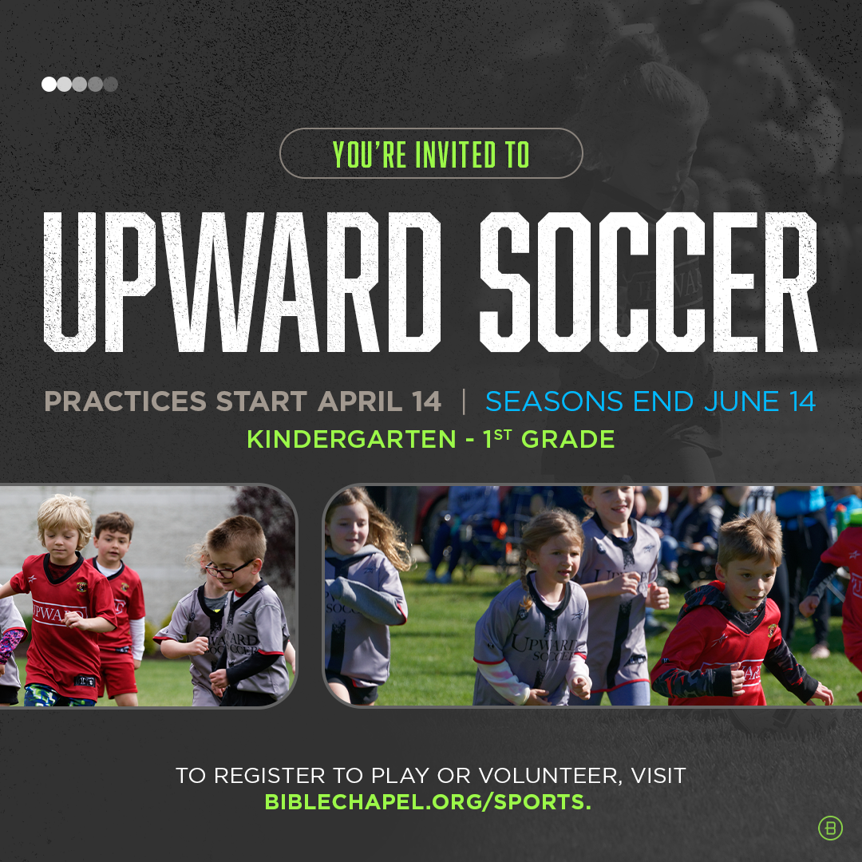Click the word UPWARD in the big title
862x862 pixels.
(x=242, y=282)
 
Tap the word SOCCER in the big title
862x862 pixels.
(x=649, y=282)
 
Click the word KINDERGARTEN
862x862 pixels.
(x=351, y=439)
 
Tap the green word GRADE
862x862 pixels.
(x=568, y=439)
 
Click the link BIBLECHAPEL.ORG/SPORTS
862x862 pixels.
(x=428, y=801)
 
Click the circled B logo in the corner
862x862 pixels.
(x=830, y=828)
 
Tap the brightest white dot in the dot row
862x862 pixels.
(x=49, y=84)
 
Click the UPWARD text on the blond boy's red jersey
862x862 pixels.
(x=58, y=613)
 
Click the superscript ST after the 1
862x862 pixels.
(x=503, y=436)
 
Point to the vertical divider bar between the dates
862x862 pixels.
(x=464, y=401)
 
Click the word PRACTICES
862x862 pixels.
(x=125, y=401)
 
